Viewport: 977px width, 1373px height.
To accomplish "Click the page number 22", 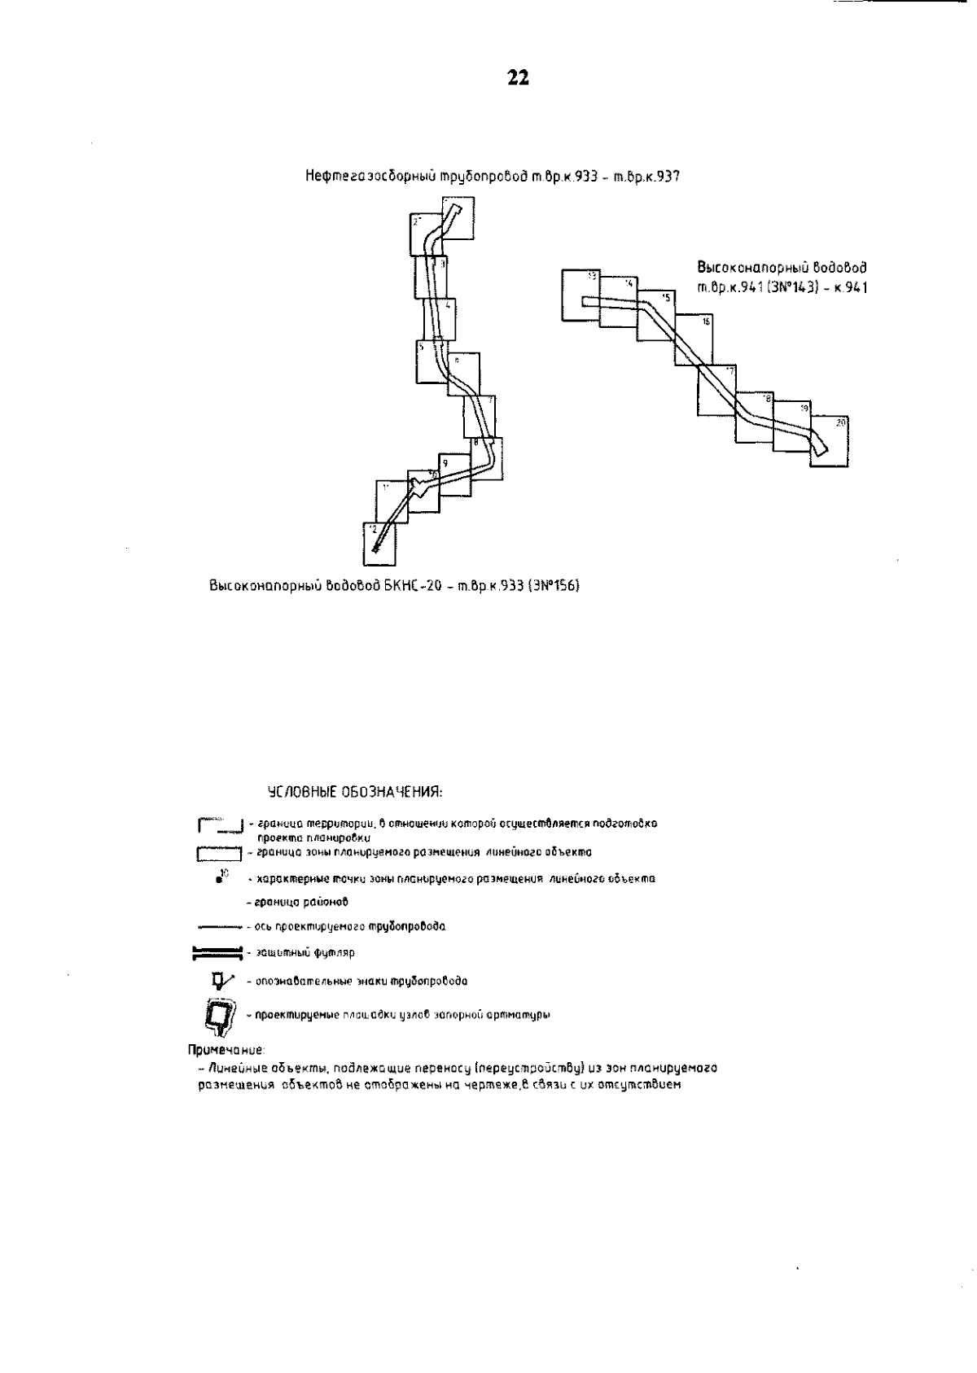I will (x=518, y=78).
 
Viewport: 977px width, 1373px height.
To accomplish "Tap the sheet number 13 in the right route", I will (x=593, y=277).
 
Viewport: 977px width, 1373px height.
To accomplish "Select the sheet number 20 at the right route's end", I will (x=841, y=422).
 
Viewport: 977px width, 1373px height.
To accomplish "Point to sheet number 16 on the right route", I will (x=706, y=322).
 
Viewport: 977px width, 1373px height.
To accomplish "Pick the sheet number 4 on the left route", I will (x=449, y=306).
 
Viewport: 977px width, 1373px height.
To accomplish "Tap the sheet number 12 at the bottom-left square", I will (x=372, y=529).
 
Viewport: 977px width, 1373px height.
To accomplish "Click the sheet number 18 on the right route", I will (x=766, y=399).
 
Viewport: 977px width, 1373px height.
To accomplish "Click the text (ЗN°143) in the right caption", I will (x=789, y=286).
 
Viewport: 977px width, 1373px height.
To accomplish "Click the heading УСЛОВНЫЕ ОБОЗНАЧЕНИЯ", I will (x=355, y=791).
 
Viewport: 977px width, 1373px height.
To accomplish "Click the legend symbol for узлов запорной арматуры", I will (x=220, y=1016).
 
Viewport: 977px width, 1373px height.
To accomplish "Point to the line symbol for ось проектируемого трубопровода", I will (x=218, y=926).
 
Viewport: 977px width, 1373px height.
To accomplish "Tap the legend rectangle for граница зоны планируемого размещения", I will (x=219, y=854).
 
